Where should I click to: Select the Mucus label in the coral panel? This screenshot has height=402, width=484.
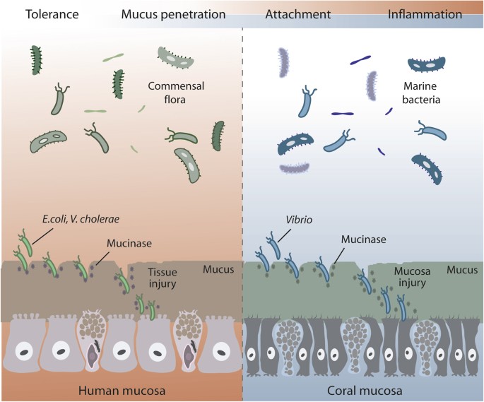pyautogui.click(x=462, y=270)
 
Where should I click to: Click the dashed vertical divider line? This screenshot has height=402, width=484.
pyautogui.click(x=243, y=177)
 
